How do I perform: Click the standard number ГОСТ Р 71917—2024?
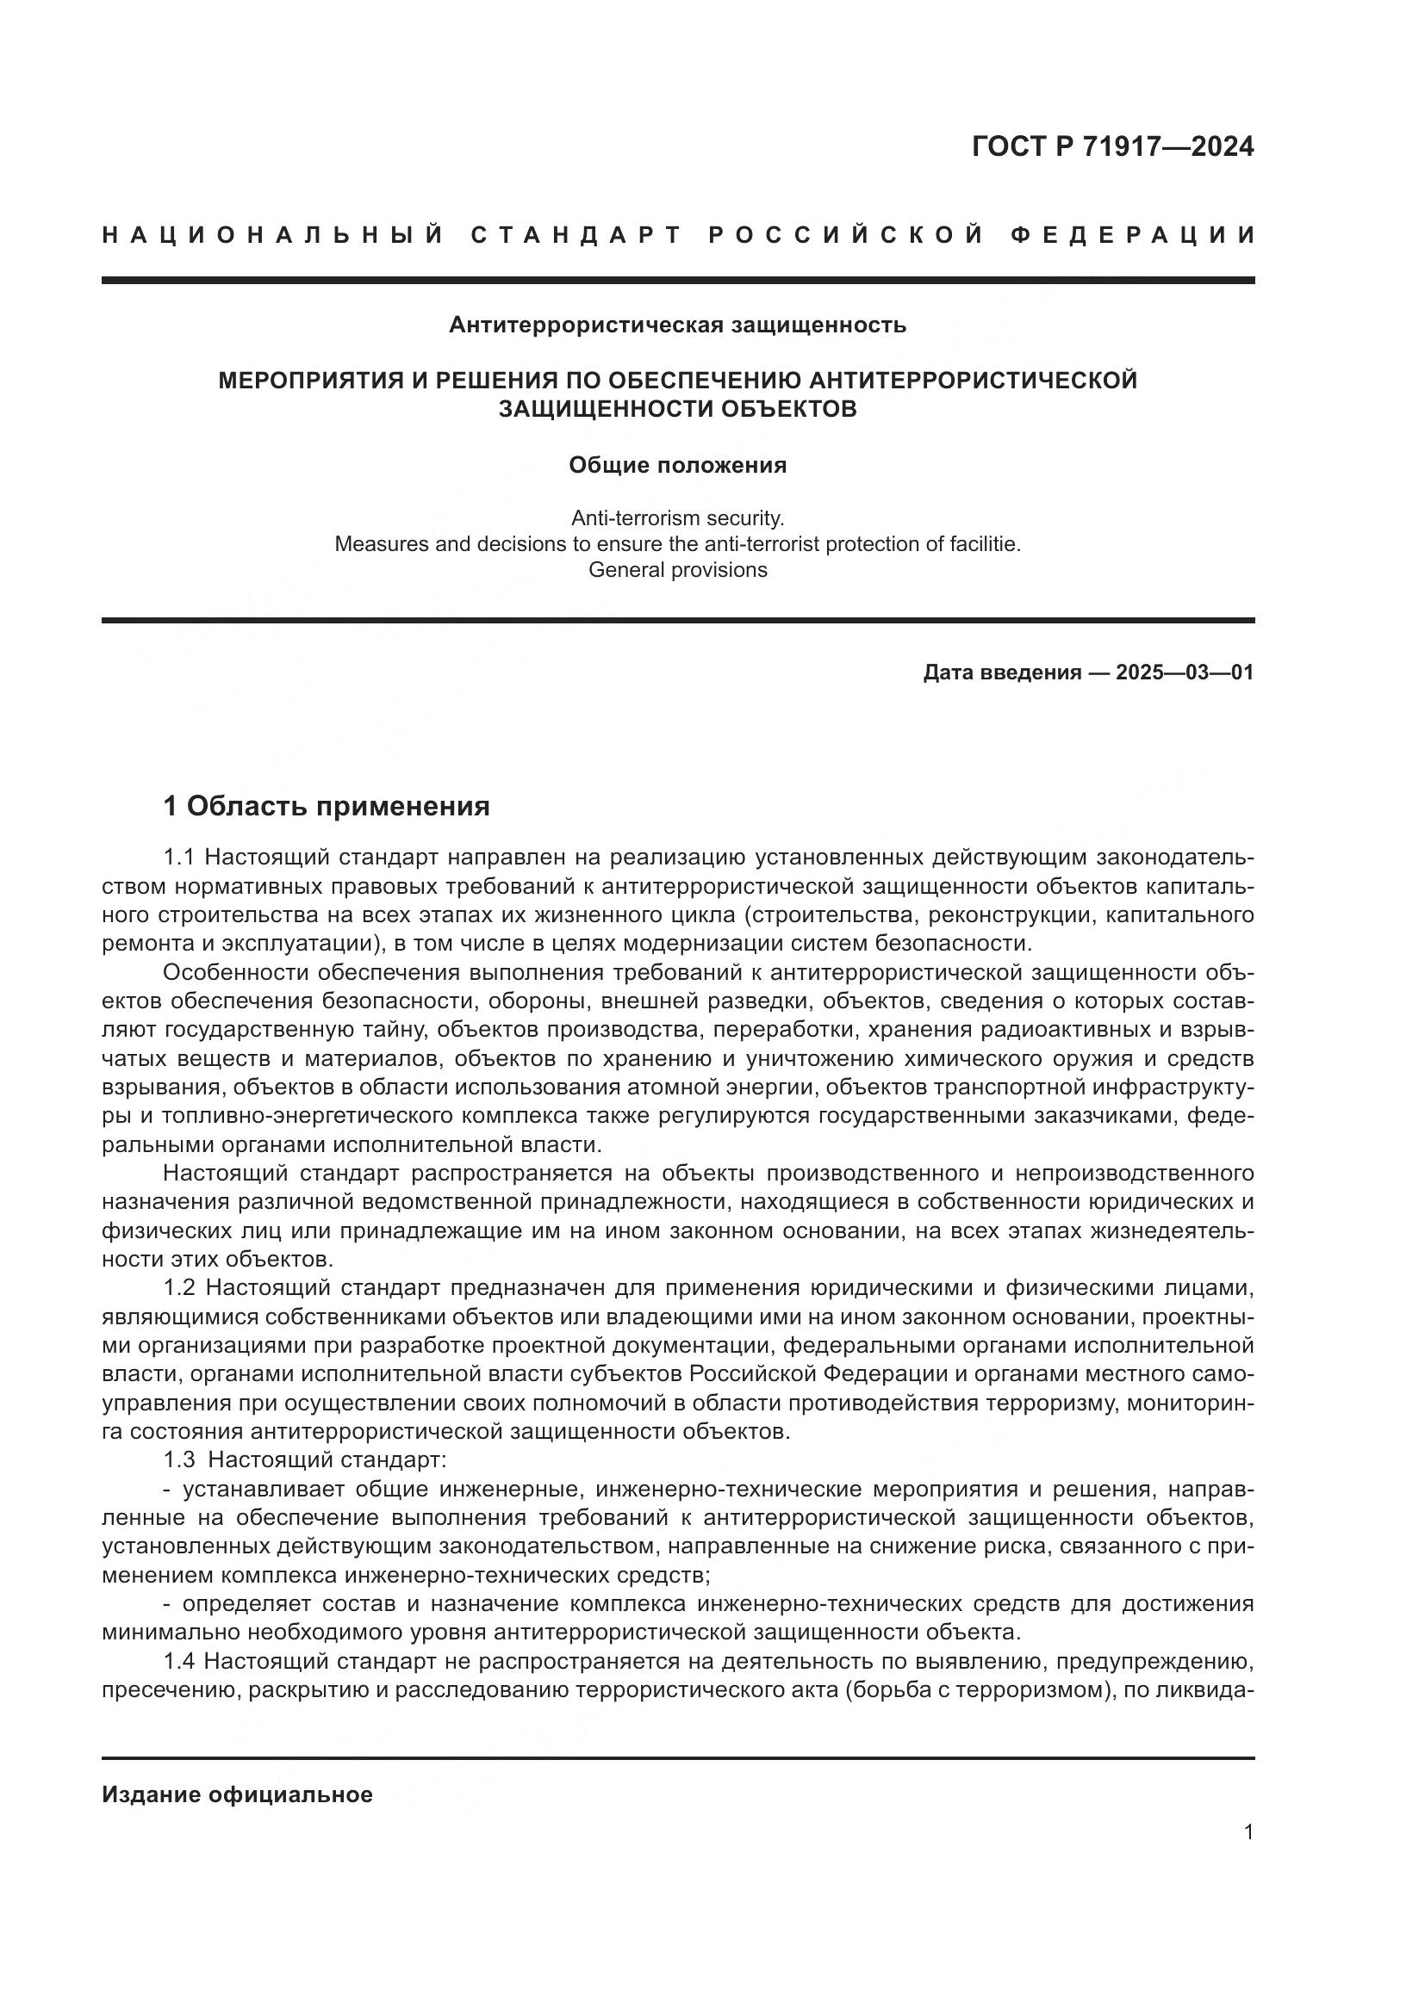point(1111,146)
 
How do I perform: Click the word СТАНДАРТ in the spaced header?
point(576,235)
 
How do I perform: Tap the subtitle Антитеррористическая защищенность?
point(677,325)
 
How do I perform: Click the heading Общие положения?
point(677,465)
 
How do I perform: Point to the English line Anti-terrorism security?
point(677,517)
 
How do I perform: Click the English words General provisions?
point(677,570)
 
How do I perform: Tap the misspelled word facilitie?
point(986,544)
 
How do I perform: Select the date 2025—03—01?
point(1185,672)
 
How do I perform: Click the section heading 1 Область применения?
point(327,805)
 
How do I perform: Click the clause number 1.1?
point(180,857)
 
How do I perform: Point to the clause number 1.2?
point(181,1287)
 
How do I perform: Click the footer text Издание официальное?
point(237,1794)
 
